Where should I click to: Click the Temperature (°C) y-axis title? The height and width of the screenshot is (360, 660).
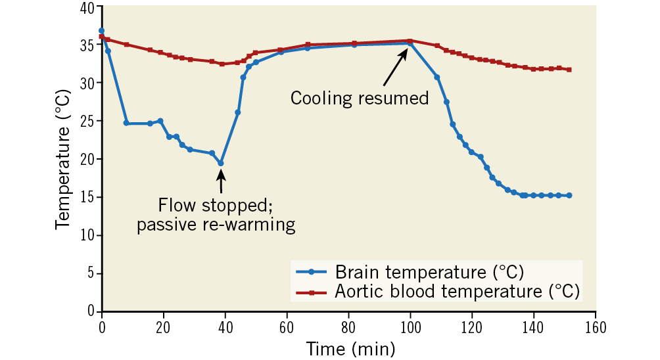click(64, 158)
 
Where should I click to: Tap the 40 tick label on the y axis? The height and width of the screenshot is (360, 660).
click(87, 7)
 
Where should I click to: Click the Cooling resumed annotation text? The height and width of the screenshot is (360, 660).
click(360, 99)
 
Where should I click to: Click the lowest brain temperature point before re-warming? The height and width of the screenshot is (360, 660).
click(221, 163)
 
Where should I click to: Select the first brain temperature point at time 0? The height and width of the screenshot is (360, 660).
click(101, 31)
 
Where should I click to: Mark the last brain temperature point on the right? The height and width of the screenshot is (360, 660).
click(569, 196)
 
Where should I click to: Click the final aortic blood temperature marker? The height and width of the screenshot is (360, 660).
click(569, 70)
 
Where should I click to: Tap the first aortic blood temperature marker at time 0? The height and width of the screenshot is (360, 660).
click(101, 37)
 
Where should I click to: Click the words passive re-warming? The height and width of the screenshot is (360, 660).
click(215, 225)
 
